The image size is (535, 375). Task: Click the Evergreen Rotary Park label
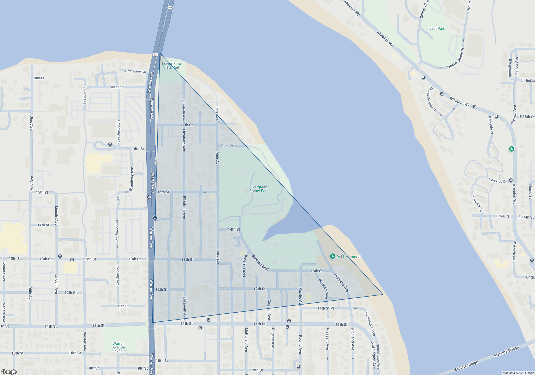[259, 189]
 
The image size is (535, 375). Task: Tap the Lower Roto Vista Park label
[171, 65]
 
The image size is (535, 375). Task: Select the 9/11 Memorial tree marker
[333, 256]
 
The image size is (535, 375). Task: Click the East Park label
[437, 28]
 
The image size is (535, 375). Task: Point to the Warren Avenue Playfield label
[119, 347]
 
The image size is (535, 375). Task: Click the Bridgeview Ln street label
[135, 71]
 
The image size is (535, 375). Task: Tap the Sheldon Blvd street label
[260, 262]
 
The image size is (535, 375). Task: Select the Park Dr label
[227, 146]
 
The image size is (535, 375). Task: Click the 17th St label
[186, 125]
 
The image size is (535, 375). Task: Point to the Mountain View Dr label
[432, 99]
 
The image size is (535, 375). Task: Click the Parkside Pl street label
[491, 125]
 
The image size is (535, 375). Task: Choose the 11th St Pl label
[326, 308]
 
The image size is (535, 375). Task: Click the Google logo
[9, 372]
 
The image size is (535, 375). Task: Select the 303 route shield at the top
[170, 7]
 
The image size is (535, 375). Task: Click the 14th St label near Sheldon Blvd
[234, 229]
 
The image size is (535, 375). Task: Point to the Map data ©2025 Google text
[518, 373]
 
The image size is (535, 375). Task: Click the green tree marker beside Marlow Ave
[511, 149]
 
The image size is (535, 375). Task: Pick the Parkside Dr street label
[498, 181]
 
